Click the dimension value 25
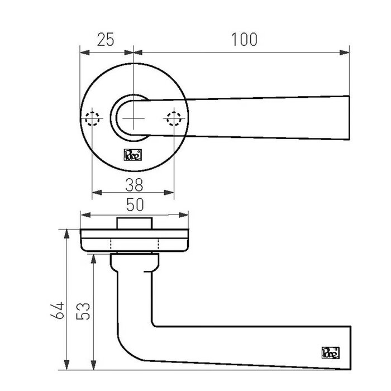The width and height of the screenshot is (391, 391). (106, 40)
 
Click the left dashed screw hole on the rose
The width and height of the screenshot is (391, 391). (92, 119)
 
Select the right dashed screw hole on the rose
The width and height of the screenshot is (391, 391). (174, 119)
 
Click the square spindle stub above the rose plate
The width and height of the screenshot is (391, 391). (134, 222)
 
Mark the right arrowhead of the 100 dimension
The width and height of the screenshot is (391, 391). (346, 53)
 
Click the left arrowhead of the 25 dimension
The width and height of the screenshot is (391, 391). (84, 53)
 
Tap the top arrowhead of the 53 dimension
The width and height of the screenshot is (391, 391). (93, 256)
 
